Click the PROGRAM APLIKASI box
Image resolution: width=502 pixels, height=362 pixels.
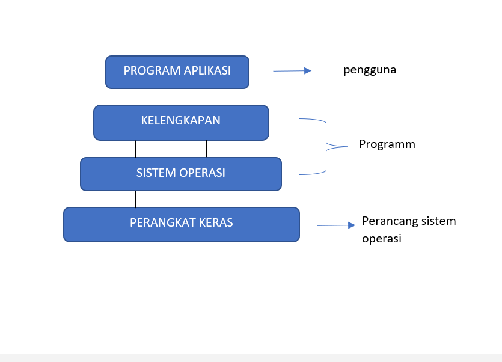coord(177,72)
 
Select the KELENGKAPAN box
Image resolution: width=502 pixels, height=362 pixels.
coord(181,122)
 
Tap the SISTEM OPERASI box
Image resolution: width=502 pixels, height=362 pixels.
coord(180,174)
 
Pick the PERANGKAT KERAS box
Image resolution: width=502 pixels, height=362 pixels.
coord(181,224)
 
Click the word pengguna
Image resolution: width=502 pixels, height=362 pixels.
coord(370,70)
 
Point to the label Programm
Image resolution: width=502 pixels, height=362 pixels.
coord(387,144)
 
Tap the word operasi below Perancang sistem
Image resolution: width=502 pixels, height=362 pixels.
coord(382,238)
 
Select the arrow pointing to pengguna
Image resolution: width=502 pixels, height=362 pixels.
coord(292,71)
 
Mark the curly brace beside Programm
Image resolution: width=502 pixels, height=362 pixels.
coord(325,146)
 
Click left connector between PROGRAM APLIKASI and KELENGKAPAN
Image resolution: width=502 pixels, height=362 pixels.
coord(135,97)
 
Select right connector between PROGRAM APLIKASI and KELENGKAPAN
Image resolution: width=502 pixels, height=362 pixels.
coord(204,97)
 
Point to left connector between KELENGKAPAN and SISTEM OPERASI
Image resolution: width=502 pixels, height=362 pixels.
coord(135,149)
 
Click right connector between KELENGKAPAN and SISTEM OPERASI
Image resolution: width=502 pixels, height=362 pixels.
coord(206,149)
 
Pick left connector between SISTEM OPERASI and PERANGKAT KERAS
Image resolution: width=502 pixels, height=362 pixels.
coord(135,199)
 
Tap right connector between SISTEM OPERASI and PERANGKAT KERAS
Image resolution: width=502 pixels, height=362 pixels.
coord(207,199)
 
